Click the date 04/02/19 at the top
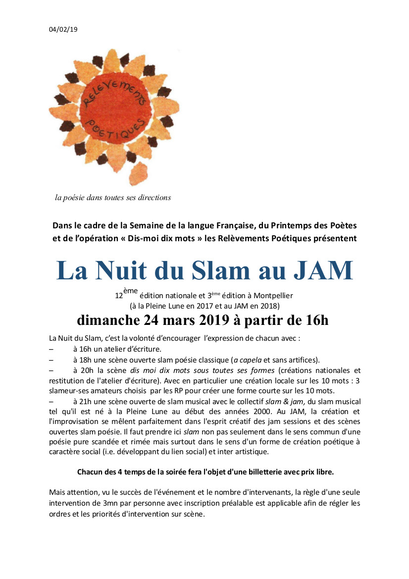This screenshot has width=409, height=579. pos(63,29)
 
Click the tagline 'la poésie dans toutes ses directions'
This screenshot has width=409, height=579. pos(113,198)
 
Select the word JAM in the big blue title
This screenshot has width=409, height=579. pos(322,270)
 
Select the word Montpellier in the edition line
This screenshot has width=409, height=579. pos(271,296)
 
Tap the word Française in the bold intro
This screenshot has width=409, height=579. pos(228,225)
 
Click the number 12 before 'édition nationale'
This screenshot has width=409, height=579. pos(119,296)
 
